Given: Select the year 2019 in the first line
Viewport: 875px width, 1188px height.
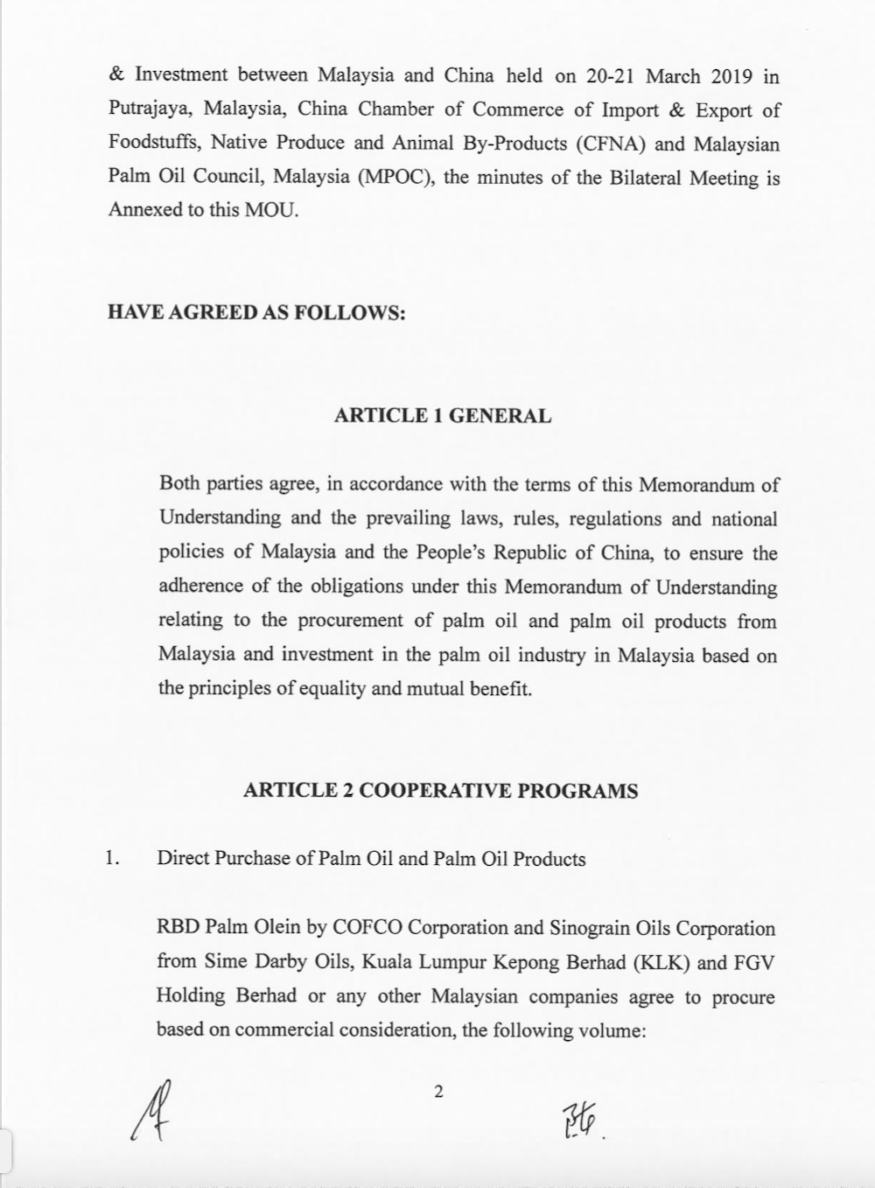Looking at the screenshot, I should pos(731,76).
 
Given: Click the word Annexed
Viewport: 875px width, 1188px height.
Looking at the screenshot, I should pos(143,211).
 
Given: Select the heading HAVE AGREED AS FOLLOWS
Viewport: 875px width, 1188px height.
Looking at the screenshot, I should pos(256,313).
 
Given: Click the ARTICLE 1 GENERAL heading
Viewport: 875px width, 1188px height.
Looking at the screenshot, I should pos(443,416).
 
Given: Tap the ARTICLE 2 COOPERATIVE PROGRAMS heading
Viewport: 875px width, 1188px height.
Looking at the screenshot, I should pos(441,791).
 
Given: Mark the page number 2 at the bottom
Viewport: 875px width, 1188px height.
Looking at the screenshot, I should pos(439,1092).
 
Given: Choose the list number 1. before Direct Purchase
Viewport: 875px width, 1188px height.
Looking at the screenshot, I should pos(112,858).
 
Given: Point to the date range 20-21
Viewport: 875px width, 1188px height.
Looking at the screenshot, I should pos(610,76).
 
